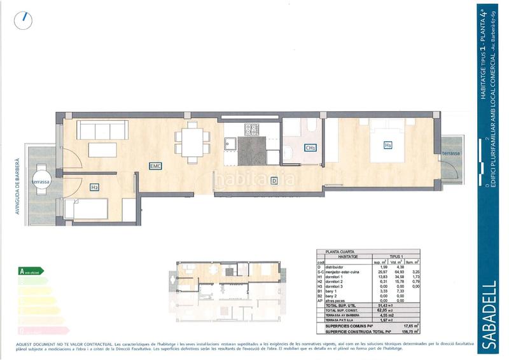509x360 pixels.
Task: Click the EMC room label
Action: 155,166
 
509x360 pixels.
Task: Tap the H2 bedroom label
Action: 94,187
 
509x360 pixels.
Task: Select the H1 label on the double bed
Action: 387,145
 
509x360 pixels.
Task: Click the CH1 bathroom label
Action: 310,148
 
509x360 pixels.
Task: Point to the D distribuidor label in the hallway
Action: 274,180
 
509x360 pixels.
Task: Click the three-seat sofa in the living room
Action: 105,130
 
